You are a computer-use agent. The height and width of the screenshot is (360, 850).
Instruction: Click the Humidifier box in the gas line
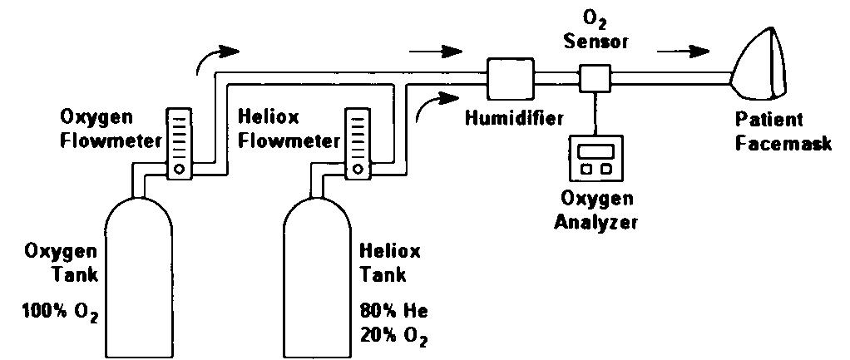point(510,80)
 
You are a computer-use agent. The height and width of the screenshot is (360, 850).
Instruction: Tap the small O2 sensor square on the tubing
point(594,80)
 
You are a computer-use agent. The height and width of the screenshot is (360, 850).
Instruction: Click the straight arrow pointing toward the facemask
point(682,51)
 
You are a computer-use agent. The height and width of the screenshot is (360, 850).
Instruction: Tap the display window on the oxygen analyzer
point(593,150)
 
